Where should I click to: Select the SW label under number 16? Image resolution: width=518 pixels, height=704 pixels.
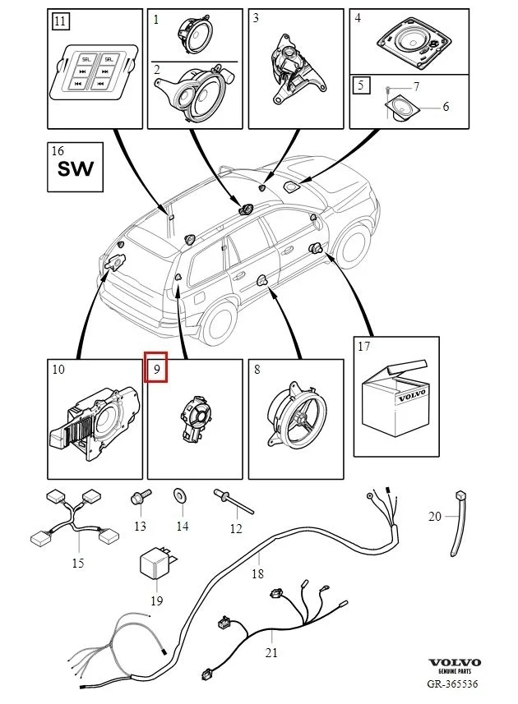pos(74,170)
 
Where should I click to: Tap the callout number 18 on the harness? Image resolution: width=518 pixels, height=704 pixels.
pos(257,573)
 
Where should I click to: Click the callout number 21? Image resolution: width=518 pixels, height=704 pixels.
pos(271,653)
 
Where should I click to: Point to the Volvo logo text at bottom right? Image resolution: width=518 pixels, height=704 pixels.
pos(455,662)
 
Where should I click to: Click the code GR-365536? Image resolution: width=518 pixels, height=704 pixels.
pos(451,683)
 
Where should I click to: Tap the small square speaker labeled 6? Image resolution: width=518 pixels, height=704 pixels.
pos(401,107)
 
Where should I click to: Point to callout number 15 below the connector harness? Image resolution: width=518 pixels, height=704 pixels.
pos(78,563)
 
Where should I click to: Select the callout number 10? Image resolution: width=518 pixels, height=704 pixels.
pos(58,370)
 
